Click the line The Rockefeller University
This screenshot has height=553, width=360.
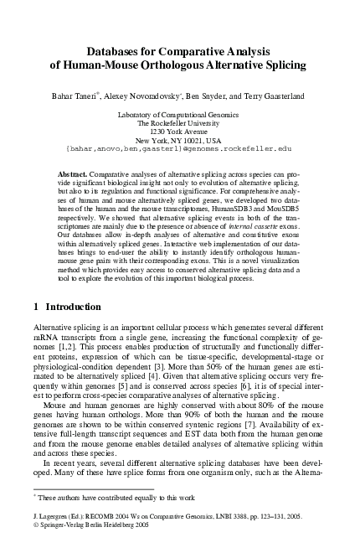[x=180, y=121]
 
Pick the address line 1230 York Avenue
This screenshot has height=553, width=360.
[x=180, y=131]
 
